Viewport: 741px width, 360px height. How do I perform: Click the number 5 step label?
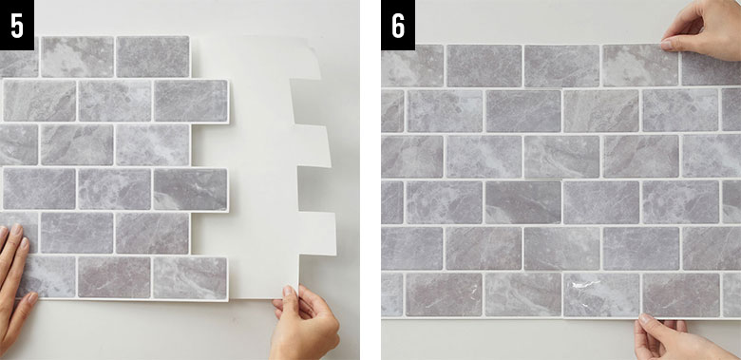coord(17,25)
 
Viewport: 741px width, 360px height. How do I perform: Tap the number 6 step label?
coord(398,25)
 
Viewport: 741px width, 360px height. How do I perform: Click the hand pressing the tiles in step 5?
coord(15,283)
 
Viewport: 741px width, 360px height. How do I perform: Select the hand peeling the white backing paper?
coord(304,322)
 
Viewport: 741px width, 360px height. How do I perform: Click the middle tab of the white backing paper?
coord(313,145)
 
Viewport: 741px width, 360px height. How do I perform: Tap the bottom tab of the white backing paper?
coord(316,234)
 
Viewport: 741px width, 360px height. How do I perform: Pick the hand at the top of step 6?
coord(701,29)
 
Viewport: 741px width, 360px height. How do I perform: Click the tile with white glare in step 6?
coord(601,294)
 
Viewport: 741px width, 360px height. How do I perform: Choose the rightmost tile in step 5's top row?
coord(153,57)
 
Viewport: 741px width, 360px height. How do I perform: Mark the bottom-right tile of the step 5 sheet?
coord(190,278)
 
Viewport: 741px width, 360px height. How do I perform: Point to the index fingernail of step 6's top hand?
coord(667,45)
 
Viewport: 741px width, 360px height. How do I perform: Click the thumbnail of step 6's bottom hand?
coord(645,318)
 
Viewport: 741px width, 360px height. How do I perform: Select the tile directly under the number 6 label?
coord(412,66)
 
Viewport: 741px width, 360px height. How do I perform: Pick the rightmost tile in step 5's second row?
coord(191,101)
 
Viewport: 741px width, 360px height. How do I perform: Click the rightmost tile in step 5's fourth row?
coord(190,189)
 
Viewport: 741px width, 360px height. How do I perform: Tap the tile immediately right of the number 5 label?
coord(77,57)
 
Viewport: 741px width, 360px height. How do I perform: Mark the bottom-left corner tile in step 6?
coord(392,294)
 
